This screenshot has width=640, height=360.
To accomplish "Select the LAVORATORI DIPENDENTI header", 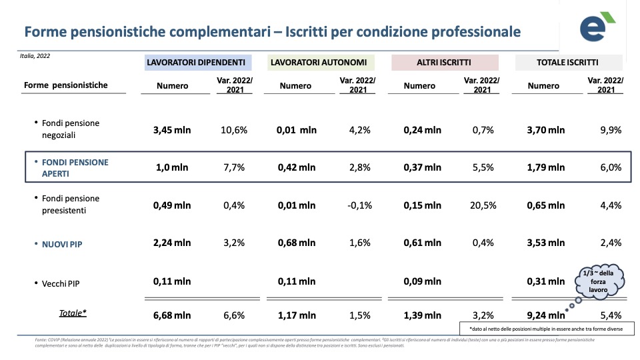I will pos(195,63).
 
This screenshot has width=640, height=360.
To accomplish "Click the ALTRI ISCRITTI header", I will pos(445,63).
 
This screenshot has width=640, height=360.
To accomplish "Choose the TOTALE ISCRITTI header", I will pos(567,63).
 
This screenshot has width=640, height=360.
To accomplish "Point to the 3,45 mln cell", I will pos(172,130).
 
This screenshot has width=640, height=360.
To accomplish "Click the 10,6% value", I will pos(234,130).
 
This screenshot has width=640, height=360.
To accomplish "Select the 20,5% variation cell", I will pos(481,205).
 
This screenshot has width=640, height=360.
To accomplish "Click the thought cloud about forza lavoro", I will pos(599,281).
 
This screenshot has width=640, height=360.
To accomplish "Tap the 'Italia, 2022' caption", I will pos(35,56).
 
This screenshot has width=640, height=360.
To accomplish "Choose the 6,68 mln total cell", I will pos(172,315).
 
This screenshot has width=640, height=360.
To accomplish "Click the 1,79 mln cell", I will pos(546,168).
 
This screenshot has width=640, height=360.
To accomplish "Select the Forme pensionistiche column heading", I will pos(65,85).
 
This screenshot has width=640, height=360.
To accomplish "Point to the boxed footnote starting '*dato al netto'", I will pos(545,329).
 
